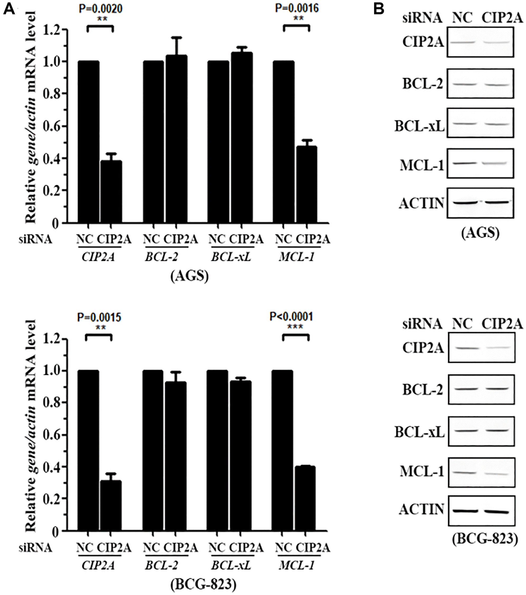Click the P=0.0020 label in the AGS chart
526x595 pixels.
(101, 9)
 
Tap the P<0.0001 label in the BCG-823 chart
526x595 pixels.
(291, 317)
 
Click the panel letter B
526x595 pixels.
(378, 9)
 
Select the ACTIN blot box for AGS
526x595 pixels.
(480, 203)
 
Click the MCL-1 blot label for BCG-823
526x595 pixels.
(422, 471)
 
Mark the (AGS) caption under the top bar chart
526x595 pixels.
(190, 276)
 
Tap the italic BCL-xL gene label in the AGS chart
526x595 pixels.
(231, 257)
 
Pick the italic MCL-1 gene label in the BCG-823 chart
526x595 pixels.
(297, 566)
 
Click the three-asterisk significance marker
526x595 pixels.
(295, 327)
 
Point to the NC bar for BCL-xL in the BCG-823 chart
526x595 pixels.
(217, 450)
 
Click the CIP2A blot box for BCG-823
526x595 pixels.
(481, 347)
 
